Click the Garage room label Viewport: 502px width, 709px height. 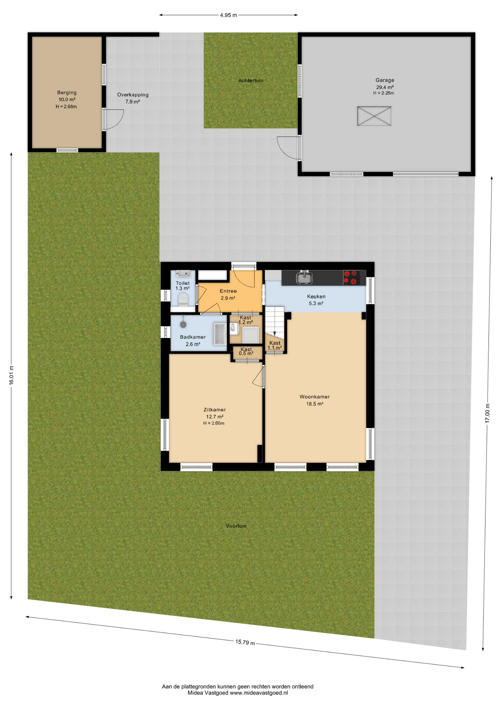(384, 80)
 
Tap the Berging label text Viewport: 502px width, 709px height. (67, 93)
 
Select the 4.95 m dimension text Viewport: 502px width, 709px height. (228, 15)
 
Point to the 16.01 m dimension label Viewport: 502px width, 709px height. (11, 375)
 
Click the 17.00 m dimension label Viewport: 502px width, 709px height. (488, 413)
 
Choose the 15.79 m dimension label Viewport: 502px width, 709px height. (245, 642)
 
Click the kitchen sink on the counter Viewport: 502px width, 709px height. (304, 278)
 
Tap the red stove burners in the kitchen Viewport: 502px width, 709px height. (351, 278)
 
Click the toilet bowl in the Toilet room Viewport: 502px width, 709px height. (183, 299)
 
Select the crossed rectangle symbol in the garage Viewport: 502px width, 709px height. (374, 116)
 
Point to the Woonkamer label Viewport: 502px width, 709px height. (315, 397)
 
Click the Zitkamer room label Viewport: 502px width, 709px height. (214, 410)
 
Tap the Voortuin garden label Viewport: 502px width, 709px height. (236, 526)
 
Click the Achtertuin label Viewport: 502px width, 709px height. (251, 81)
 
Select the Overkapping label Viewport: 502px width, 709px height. (133, 95)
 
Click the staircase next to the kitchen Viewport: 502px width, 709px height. (275, 322)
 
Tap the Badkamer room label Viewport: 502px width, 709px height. (193, 337)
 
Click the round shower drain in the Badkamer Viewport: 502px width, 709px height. (183, 325)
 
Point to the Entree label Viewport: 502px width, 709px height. (228, 291)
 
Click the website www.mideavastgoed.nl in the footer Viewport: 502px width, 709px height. (259, 693)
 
